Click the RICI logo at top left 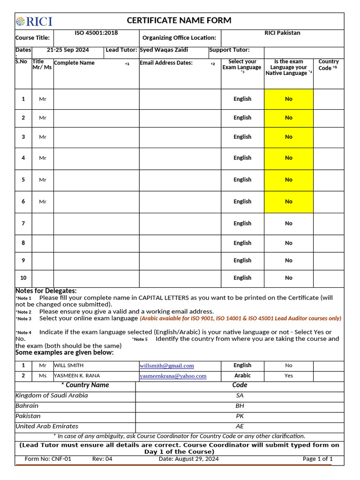click(34, 21)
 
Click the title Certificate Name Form click(179, 21)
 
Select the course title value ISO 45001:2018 click(96, 33)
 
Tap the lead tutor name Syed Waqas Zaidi click(164, 50)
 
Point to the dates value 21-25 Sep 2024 click(68, 50)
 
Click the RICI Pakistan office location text click(282, 33)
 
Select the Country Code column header click(328, 65)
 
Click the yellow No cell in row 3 click(288, 137)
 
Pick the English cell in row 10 click(242, 278)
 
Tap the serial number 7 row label click(23, 224)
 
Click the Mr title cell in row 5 click(43, 180)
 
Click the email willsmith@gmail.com click(166, 366)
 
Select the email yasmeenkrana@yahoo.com click(172, 376)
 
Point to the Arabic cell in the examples click(242, 375)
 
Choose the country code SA click(240, 396)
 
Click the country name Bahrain click(27, 406)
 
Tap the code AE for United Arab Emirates click(240, 427)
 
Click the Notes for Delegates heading click(46, 291)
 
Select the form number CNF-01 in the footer click(48, 459)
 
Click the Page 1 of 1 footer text click(317, 459)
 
